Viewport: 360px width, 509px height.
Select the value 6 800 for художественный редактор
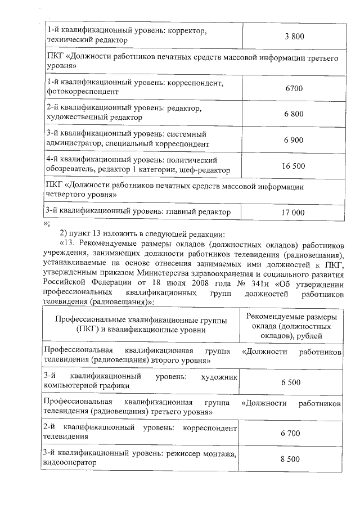(294, 114)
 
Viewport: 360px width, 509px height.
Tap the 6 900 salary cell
(294, 139)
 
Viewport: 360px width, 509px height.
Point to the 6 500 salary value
(290, 382)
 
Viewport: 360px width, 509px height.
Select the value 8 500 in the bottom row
(290, 459)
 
